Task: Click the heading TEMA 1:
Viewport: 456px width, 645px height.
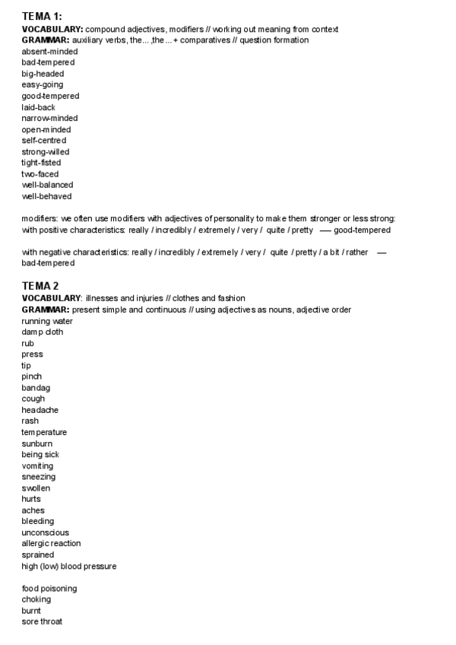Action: tap(42, 16)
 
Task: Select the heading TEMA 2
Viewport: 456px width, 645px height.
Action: tap(40, 285)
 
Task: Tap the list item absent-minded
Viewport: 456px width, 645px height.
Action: tap(49, 51)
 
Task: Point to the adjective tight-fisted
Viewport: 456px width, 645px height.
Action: tap(41, 163)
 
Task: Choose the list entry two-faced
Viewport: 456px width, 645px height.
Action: tap(40, 174)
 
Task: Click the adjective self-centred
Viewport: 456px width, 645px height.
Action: tap(43, 141)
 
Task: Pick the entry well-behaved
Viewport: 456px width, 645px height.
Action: tap(46, 196)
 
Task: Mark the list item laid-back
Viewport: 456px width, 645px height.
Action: tap(38, 107)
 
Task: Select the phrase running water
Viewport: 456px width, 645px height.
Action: tap(47, 321)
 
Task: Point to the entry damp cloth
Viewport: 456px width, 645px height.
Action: tap(43, 332)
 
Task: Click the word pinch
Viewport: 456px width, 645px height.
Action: tap(32, 377)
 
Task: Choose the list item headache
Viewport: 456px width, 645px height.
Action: tap(40, 410)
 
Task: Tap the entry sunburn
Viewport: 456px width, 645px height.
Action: tap(37, 443)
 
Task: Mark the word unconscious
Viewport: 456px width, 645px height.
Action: tap(45, 532)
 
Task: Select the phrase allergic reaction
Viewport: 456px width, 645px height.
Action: tap(51, 543)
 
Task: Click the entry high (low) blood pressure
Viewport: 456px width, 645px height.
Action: tap(68, 566)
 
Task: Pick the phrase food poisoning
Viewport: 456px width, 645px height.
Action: tap(49, 589)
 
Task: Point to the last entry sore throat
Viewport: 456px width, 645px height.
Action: tap(42, 622)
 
